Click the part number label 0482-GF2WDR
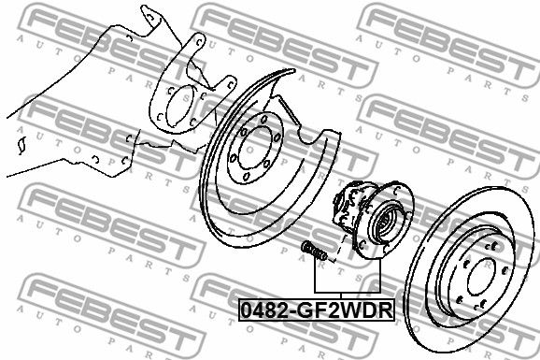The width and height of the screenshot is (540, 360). (317, 310)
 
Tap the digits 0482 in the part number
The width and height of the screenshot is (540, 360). (263, 310)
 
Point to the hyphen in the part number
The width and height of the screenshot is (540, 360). (291, 311)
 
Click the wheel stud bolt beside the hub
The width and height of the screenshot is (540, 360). (314, 252)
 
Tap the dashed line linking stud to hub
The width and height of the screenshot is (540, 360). (338, 248)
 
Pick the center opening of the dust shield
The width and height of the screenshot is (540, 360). (254, 148)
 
